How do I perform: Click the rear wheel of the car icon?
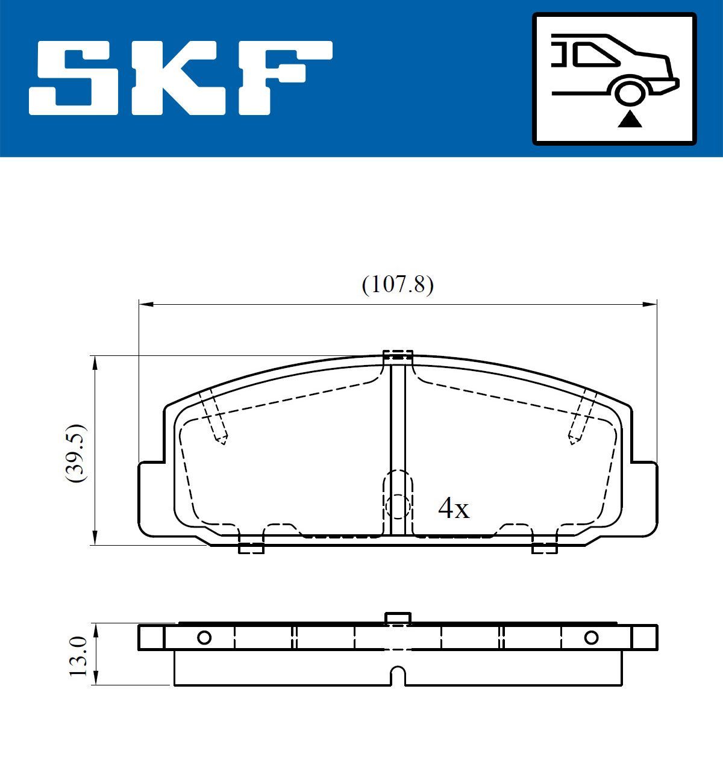(x=630, y=93)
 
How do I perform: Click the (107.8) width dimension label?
(x=398, y=284)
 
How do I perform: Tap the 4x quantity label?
(x=453, y=510)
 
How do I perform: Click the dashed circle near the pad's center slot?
(x=398, y=507)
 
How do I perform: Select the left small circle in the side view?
(x=204, y=637)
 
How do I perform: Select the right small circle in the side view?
(x=591, y=637)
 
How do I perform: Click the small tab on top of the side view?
(x=398, y=618)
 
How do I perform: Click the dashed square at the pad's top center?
(x=398, y=355)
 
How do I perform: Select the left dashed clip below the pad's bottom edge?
(x=251, y=548)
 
